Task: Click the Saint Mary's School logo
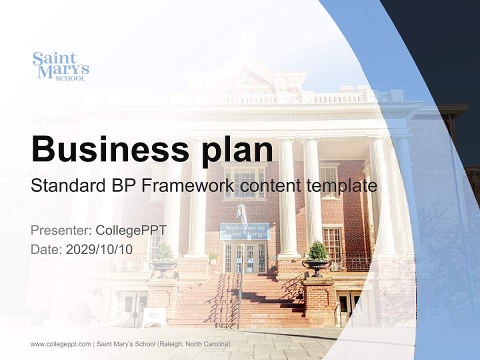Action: (x=60, y=66)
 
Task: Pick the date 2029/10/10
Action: (x=99, y=249)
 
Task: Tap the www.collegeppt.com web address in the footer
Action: (x=60, y=344)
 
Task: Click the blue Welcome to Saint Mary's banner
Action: (x=244, y=231)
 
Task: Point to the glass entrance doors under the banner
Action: (x=244, y=257)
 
